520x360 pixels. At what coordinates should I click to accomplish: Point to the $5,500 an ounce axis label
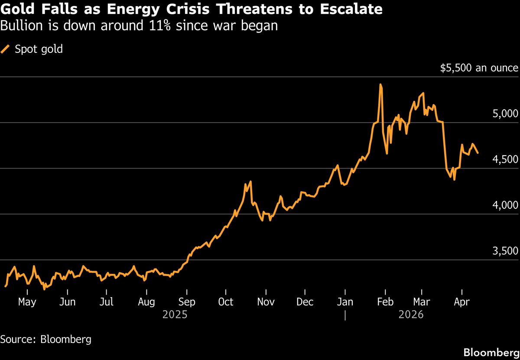pos(479,68)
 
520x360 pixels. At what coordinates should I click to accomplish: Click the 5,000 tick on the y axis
pos(506,114)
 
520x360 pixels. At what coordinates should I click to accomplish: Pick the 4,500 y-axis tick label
pos(506,160)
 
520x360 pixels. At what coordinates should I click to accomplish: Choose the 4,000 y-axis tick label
pos(506,205)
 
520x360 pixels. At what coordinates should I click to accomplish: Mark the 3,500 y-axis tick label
pos(506,251)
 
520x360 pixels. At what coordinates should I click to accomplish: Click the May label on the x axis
pos(27,302)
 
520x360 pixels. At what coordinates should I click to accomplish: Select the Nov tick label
pos(266,302)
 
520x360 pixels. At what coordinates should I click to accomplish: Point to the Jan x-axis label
pos(344,302)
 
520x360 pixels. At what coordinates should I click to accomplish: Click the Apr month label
pos(461,302)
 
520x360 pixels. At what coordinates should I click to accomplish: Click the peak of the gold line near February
pos(380,84)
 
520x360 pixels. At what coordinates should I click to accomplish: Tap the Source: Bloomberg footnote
pos(46,339)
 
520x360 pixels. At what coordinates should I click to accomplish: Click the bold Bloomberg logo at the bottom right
pos(491,352)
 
